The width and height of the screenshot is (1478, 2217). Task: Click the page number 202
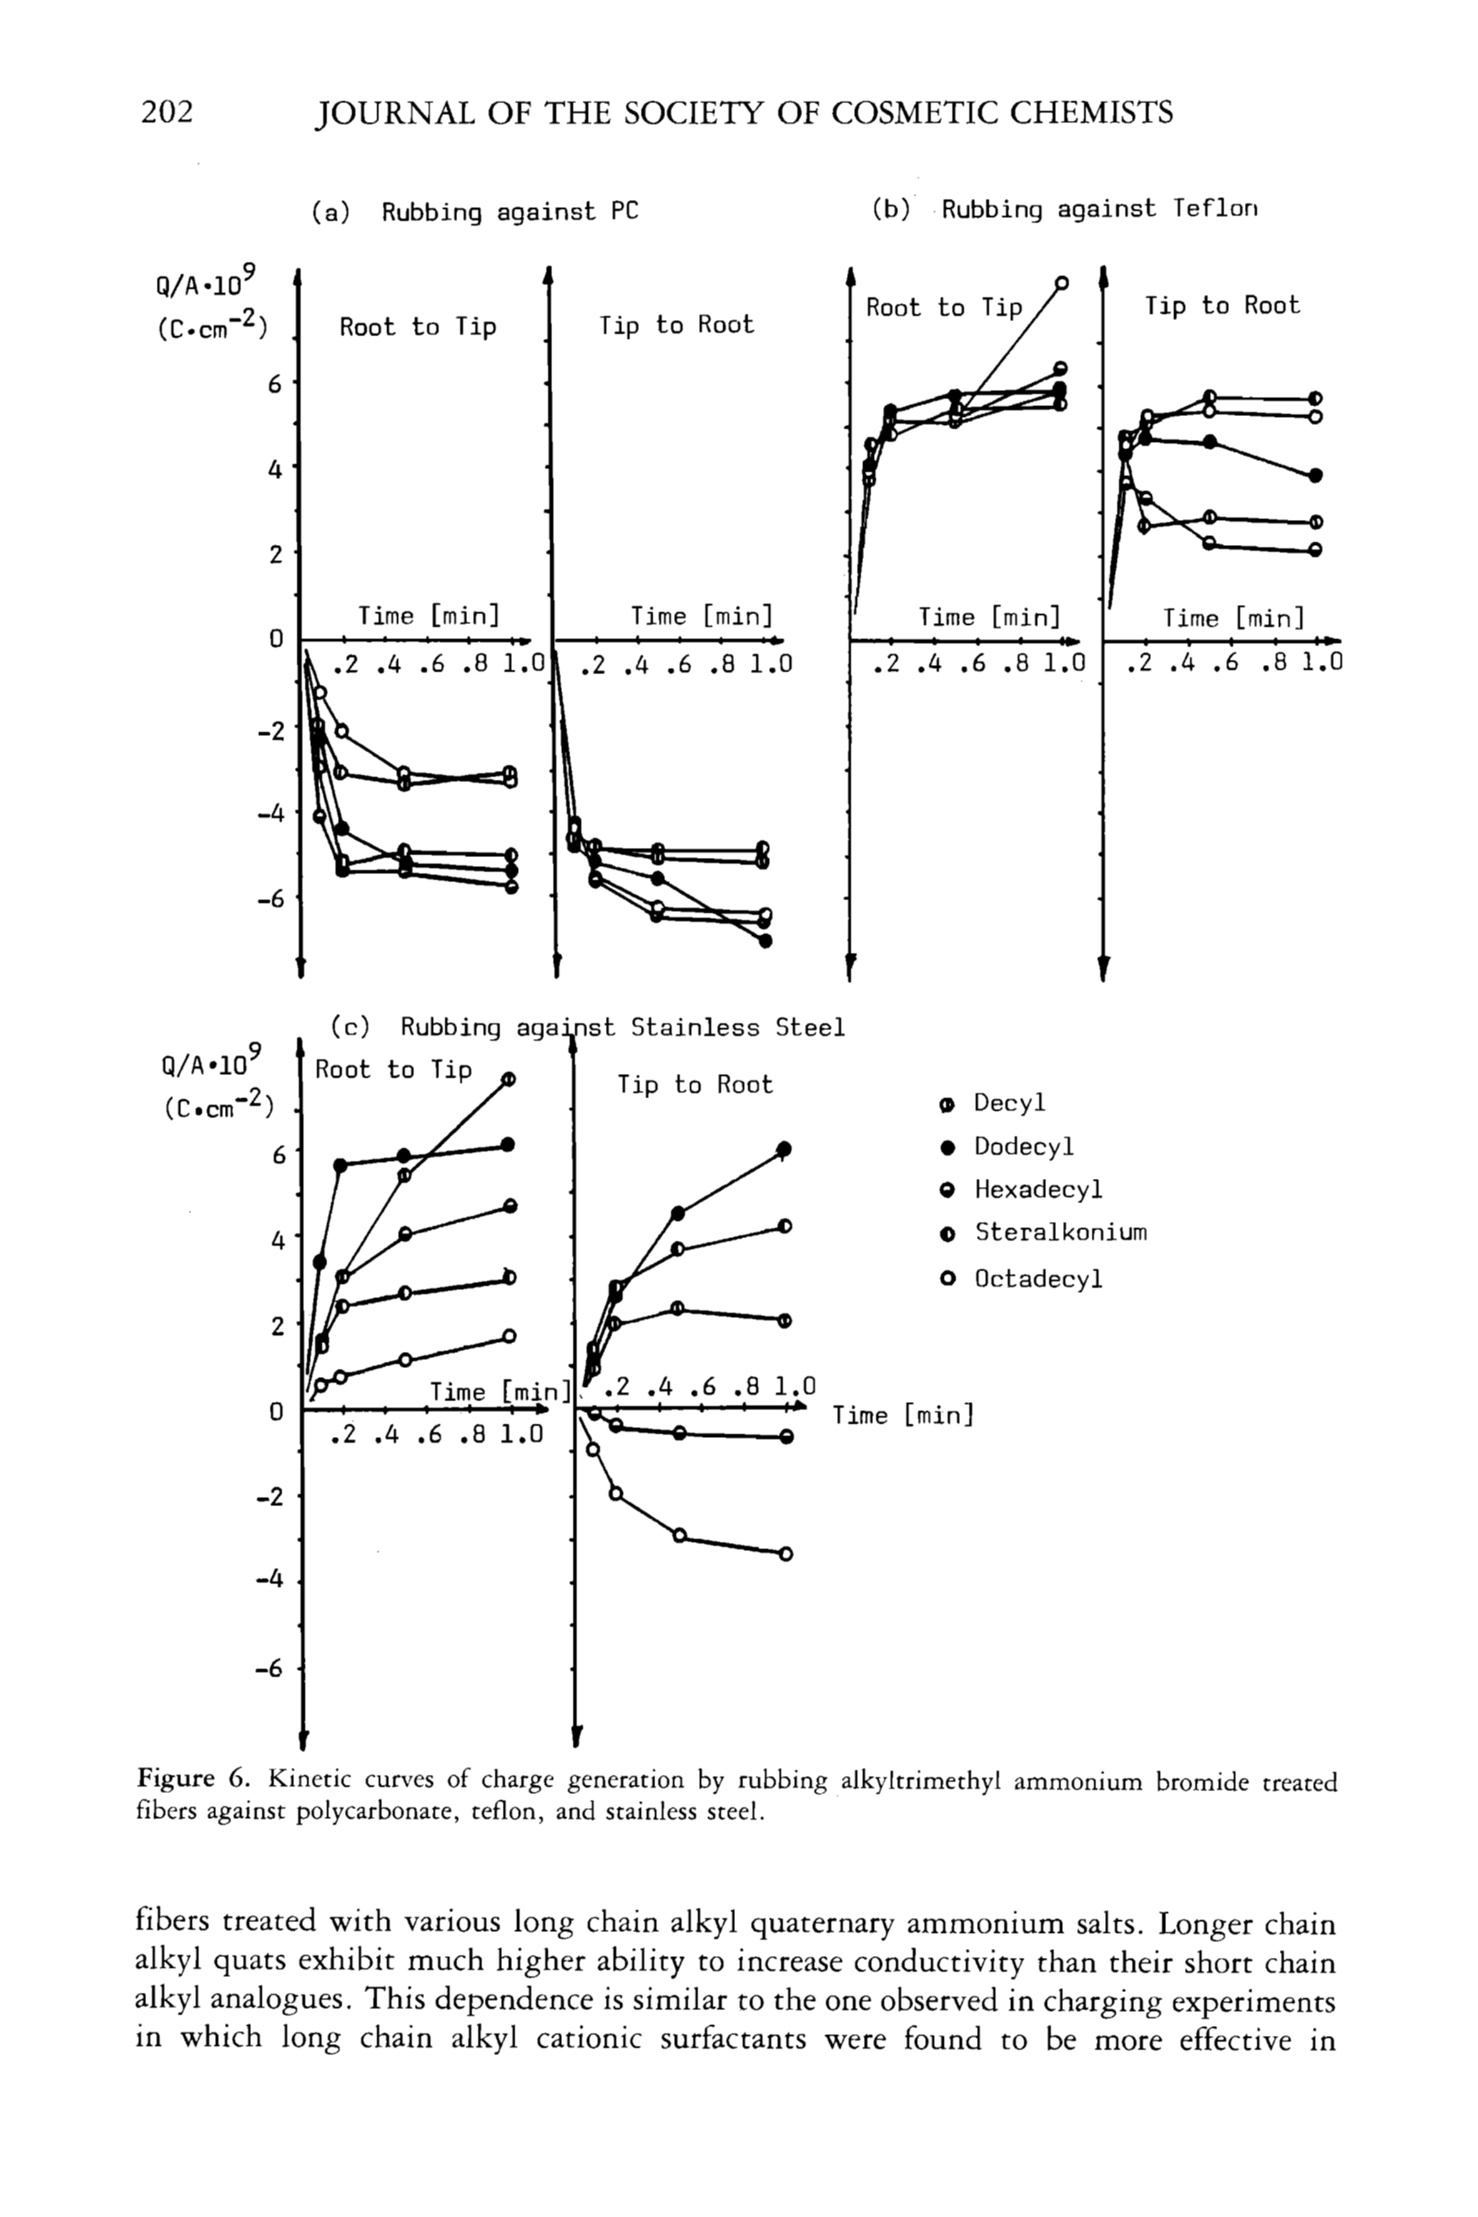click(167, 112)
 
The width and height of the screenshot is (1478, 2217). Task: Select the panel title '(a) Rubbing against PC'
click(475, 212)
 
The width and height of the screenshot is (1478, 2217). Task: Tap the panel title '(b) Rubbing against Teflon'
click(1064, 209)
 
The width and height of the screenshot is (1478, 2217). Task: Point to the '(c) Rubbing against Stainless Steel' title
click(587, 1027)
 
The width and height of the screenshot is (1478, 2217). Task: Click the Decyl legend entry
click(1008, 1103)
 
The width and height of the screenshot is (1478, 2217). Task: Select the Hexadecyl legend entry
click(1037, 1190)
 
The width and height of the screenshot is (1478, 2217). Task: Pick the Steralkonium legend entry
click(1059, 1233)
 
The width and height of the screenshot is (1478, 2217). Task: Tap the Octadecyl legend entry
click(1037, 1279)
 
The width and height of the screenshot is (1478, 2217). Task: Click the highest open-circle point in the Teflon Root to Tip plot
click(1061, 282)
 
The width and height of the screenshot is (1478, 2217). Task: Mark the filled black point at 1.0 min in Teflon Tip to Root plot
click(1316, 475)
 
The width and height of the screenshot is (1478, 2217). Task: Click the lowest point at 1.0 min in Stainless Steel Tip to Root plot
click(786, 1554)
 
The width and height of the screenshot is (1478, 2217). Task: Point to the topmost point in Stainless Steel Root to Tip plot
click(509, 1079)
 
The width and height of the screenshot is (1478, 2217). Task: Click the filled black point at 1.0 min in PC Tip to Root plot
click(765, 940)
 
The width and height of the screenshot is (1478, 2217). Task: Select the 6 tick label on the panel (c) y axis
click(278, 1154)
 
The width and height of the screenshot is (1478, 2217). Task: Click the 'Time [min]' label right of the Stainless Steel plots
click(902, 1415)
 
